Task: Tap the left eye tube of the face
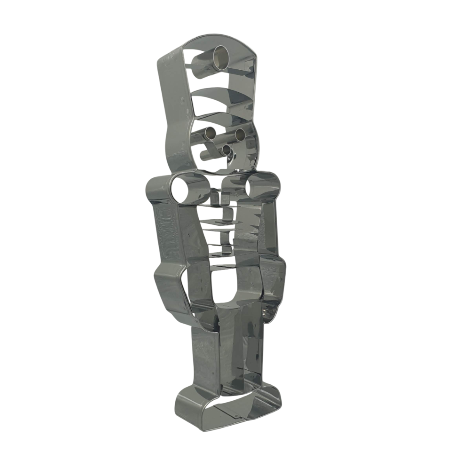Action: [210, 134]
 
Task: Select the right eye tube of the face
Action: [240, 135]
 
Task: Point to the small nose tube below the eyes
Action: [226, 150]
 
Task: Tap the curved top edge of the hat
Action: [220, 39]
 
